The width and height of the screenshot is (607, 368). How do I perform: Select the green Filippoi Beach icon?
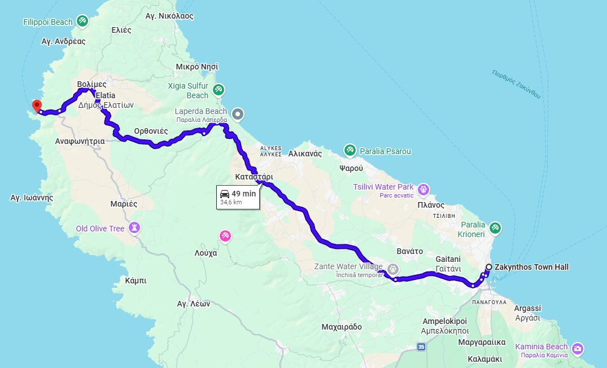click(82, 21)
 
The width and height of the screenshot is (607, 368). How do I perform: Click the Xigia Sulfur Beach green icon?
click(219, 89)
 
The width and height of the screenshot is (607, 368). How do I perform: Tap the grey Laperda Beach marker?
click(238, 114)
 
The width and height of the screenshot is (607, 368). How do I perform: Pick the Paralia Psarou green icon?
click(350, 150)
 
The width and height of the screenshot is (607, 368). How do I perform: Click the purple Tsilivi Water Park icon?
click(423, 189)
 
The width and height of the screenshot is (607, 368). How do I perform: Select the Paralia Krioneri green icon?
click(495, 227)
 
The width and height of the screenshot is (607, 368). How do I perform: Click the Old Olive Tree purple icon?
click(134, 227)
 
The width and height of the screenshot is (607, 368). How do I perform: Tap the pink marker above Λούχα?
click(225, 235)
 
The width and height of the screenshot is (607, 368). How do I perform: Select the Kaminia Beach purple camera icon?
click(578, 348)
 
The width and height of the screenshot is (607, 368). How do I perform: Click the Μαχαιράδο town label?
click(341, 327)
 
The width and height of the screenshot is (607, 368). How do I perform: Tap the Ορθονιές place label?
click(151, 131)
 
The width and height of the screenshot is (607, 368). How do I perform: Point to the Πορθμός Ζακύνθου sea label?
click(516, 84)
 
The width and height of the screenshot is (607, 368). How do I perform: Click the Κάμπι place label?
click(136, 280)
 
